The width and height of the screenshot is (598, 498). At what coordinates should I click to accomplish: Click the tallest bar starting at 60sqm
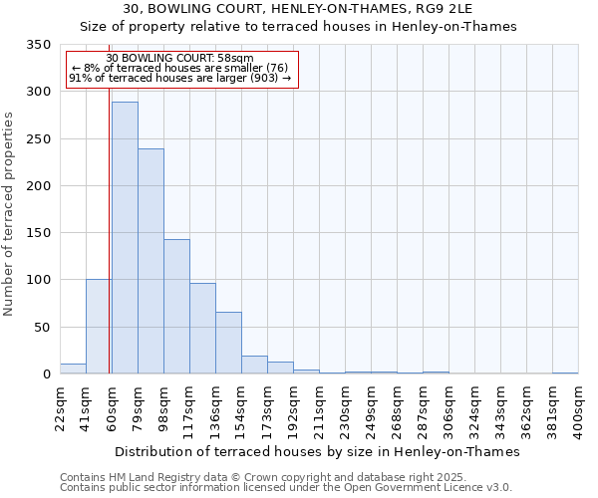[125, 239]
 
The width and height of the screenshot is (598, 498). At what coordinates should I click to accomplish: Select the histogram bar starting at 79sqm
[150, 262]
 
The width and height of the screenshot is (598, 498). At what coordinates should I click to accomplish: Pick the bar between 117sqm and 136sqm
[202, 329]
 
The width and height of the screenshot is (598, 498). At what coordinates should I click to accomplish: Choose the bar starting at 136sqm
[228, 344]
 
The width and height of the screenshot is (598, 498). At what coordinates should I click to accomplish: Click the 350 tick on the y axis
[39, 45]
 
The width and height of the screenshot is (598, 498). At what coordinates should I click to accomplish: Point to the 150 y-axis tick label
[39, 233]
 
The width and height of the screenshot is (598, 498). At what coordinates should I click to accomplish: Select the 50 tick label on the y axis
[43, 328]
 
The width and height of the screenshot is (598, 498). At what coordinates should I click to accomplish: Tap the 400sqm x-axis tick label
[578, 409]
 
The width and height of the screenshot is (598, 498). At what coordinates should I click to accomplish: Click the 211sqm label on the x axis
[319, 409]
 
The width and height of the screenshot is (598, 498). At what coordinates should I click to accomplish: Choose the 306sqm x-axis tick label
[448, 409]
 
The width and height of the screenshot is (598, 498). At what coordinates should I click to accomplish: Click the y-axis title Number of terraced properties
[10, 214]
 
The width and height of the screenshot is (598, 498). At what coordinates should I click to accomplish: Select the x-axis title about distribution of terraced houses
[319, 451]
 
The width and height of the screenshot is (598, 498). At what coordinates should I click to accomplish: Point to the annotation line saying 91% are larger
[179, 78]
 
